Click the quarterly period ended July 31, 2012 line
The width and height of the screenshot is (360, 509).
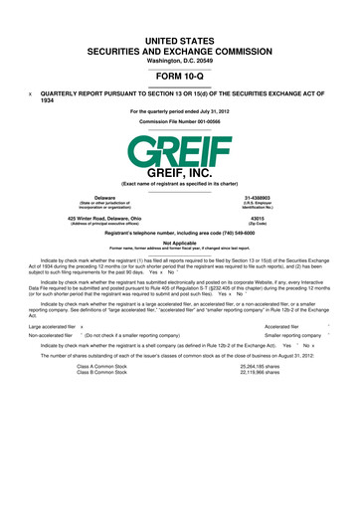[x=179, y=111]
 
